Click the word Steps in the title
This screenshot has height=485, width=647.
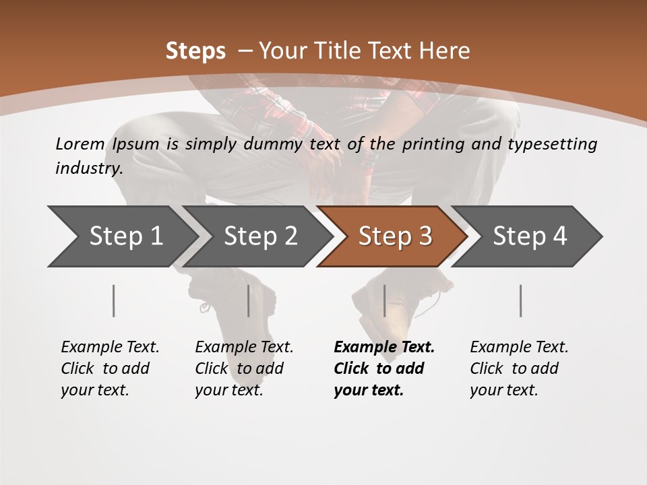pos(195,51)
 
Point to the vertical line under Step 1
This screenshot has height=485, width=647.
pos(114,300)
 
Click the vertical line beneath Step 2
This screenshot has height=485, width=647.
pos(249,300)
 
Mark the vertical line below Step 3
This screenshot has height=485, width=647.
pos(384,300)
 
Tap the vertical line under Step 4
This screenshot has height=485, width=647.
pos(521,300)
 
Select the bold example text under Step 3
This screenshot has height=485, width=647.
pos(383,368)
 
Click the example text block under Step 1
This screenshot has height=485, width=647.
pos(110,368)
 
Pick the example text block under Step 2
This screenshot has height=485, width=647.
pos(244,368)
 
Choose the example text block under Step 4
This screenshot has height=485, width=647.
pos(519,368)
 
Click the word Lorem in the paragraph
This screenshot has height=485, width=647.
pos(80,143)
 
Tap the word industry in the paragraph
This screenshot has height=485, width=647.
pos(88,168)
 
